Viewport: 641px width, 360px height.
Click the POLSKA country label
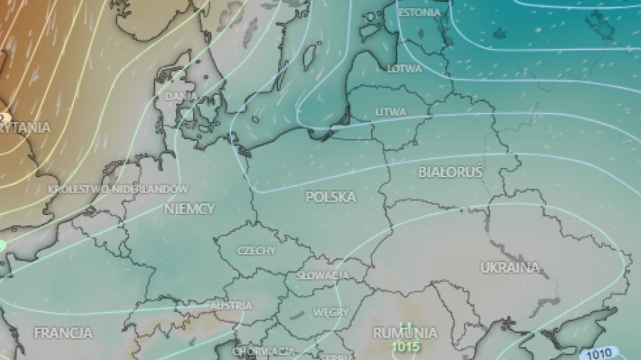tap(331, 197)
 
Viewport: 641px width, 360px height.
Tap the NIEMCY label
tap(189, 209)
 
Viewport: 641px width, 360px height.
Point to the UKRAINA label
tap(510, 268)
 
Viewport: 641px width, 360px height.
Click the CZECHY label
tap(256, 251)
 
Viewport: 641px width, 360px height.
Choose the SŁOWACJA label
tap(323, 276)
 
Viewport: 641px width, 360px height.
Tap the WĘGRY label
tap(331, 312)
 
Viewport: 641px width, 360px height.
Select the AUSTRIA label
tap(231, 306)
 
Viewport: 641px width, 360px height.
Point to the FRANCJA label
tap(63, 333)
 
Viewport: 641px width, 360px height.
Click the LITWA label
tap(390, 112)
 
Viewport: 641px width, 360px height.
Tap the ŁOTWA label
tap(404, 69)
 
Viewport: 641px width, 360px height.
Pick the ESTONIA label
tap(420, 12)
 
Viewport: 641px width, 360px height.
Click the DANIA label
tap(181, 97)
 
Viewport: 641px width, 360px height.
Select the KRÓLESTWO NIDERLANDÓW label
tap(118, 189)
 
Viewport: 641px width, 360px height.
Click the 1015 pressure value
tap(405, 347)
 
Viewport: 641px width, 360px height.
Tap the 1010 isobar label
tap(599, 354)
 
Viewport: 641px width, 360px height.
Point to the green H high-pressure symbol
tap(405, 326)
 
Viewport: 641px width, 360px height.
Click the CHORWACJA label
tap(263, 351)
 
